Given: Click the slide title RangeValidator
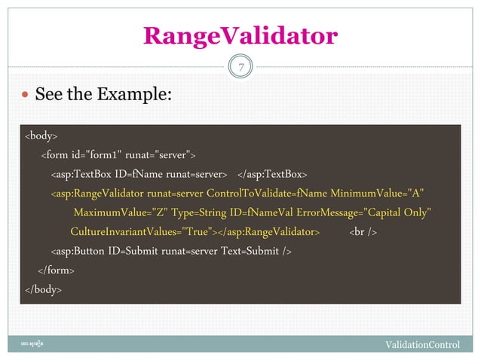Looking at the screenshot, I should (240, 35).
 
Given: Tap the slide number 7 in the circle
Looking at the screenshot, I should (240, 69).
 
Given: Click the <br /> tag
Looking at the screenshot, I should (363, 231).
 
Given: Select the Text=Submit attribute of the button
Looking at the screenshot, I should (249, 250).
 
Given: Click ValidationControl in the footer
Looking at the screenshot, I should (422, 345).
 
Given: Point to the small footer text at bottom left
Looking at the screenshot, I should (37, 344).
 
